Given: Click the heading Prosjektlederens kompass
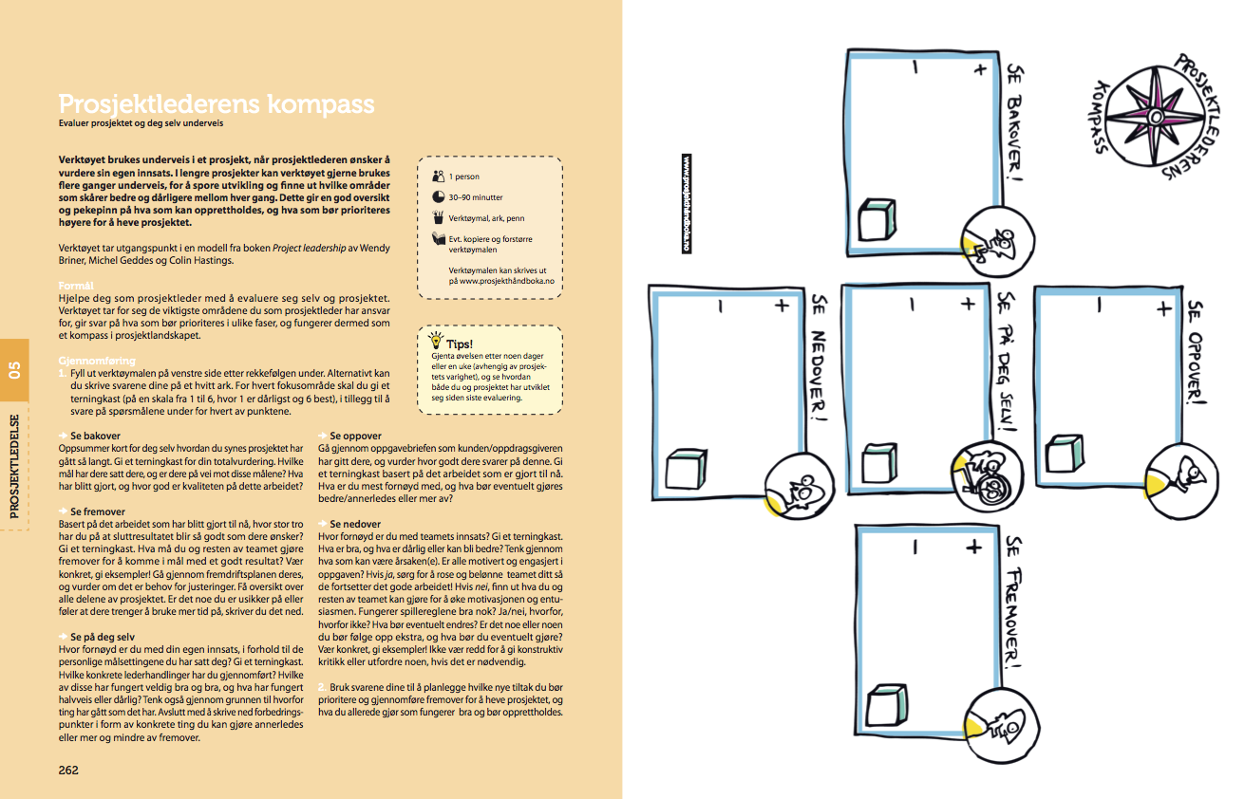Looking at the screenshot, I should (x=217, y=103).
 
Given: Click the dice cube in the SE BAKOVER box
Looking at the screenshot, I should (x=875, y=221).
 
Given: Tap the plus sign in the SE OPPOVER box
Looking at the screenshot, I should (x=1163, y=307).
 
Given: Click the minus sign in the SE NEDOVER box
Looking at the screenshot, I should (x=721, y=306).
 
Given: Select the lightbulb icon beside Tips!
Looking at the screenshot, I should (x=436, y=339).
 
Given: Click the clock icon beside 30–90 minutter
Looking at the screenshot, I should (x=438, y=197).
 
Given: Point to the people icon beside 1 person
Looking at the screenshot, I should (x=438, y=176).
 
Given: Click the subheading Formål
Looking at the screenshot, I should (x=76, y=285).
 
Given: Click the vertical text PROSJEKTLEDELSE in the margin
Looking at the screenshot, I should (x=14, y=466).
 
